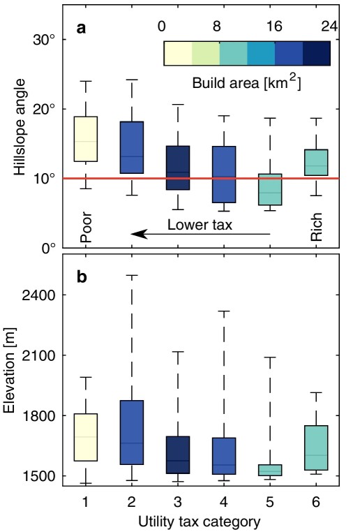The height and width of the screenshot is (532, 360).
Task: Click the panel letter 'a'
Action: pyautogui.click(x=81, y=30)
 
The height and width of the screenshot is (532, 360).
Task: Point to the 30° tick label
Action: pyautogui.click(x=44, y=39)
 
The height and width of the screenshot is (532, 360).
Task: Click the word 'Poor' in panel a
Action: pyautogui.click(x=86, y=227)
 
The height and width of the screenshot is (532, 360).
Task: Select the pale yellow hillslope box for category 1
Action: pyautogui.click(x=85, y=139)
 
